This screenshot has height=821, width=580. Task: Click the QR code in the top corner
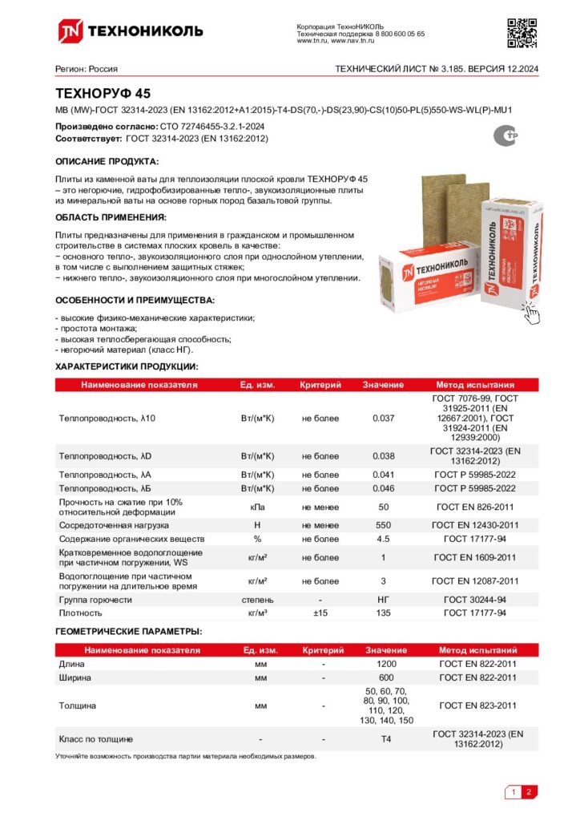point(522,31)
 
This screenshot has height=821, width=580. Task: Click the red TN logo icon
point(69,31)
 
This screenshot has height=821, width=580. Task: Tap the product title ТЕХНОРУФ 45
point(102,93)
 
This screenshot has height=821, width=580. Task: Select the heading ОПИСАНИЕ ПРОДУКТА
point(107,161)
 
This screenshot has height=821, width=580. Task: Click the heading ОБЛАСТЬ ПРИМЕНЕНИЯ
point(111,217)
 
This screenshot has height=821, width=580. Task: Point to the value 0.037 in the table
point(384,419)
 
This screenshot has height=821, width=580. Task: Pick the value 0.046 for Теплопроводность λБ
point(384,487)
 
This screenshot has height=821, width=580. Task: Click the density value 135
point(384,613)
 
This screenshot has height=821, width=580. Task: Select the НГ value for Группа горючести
point(384,599)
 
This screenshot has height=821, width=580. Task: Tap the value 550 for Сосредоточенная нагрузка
point(384,524)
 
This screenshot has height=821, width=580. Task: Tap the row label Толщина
point(78,706)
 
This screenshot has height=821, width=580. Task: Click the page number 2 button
point(529,793)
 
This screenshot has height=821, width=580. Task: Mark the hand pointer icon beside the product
point(530,311)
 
